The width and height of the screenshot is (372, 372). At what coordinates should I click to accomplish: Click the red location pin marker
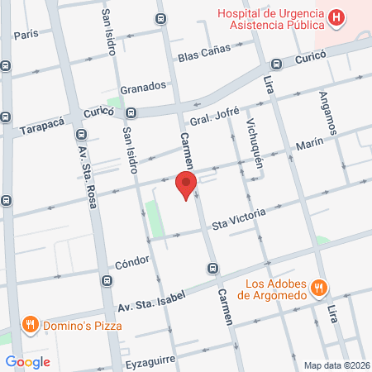tap(186, 184)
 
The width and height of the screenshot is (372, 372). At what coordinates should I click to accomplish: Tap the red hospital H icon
tap(336, 17)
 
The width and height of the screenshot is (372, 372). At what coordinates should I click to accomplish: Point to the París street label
tap(26, 35)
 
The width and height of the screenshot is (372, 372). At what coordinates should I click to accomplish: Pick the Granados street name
tap(144, 86)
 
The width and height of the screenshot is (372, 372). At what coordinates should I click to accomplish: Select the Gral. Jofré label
tap(207, 120)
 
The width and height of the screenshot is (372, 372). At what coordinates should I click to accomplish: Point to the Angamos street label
tap(329, 114)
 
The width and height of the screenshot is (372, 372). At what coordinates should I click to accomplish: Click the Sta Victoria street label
tap(239, 219)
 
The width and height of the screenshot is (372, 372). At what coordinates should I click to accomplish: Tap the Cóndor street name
tap(132, 262)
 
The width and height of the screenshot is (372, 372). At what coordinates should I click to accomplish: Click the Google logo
tap(27, 361)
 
